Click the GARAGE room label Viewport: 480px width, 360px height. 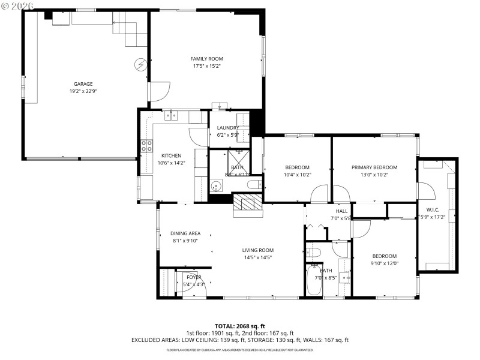[x=83, y=84]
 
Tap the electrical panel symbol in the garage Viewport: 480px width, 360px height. [x=141, y=64]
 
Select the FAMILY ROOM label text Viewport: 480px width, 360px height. [x=207, y=59]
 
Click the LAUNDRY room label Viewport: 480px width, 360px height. [x=228, y=128]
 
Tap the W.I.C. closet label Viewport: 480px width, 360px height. [x=434, y=209]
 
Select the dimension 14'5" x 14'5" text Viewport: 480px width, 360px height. [x=257, y=257]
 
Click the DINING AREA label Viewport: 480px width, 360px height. [x=185, y=233]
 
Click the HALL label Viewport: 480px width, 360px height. [x=341, y=211]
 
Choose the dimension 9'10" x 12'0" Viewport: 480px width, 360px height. [x=384, y=263]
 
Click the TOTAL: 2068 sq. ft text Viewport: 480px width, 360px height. [x=239, y=326]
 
